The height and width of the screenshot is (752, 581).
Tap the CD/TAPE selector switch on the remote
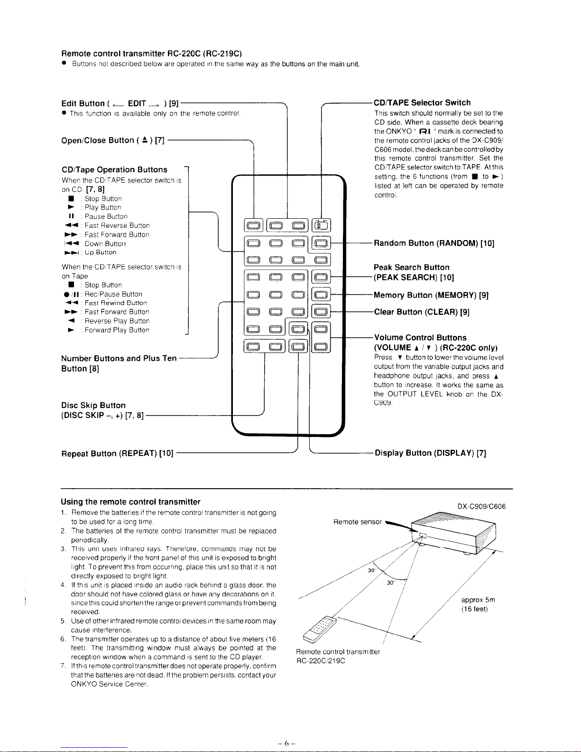pyautogui.click(x=321, y=225)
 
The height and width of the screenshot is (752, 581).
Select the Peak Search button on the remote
pyautogui.click(x=321, y=278)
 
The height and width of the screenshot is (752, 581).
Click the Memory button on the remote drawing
pyautogui.click(x=321, y=295)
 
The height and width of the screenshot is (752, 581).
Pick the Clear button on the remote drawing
pyautogui.click(x=321, y=312)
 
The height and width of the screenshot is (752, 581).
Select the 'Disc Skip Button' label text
pyautogui.click(x=93, y=405)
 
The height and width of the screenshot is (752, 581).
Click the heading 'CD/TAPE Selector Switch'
pyautogui.click(x=422, y=102)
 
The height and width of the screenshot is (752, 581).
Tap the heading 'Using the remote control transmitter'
pyautogui.click(x=130, y=501)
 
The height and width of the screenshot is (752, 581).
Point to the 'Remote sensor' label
pyautogui.click(x=357, y=522)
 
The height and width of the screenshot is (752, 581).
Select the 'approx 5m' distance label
pyautogui.click(x=478, y=600)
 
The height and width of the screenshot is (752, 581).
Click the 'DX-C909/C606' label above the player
pyautogui.click(x=481, y=506)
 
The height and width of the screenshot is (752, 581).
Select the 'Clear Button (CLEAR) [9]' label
pyautogui.click(x=422, y=312)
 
